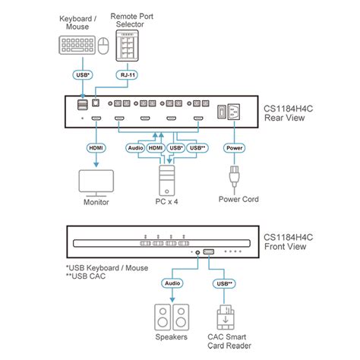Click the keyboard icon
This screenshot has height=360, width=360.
77,45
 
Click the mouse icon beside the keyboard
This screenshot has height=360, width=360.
103,46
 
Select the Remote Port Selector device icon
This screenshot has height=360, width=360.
127,46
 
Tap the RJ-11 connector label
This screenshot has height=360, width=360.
128,75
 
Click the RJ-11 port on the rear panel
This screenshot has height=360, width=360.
96,103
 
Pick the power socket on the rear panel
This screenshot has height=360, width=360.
234,112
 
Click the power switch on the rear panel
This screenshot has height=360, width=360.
221,112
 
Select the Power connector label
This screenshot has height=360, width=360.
234,148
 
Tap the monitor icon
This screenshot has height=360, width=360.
96,183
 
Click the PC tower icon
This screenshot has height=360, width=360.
167,180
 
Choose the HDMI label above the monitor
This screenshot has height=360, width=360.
96,148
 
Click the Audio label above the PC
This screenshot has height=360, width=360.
135,148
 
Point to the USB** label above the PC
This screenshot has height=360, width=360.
197,148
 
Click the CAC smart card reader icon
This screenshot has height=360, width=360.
226,317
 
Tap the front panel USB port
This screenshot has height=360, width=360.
209,251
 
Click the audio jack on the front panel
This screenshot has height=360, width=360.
197,252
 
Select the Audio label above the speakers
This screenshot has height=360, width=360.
172,283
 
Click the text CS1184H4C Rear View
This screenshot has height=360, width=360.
288,113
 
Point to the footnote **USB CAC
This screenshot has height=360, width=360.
86,276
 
